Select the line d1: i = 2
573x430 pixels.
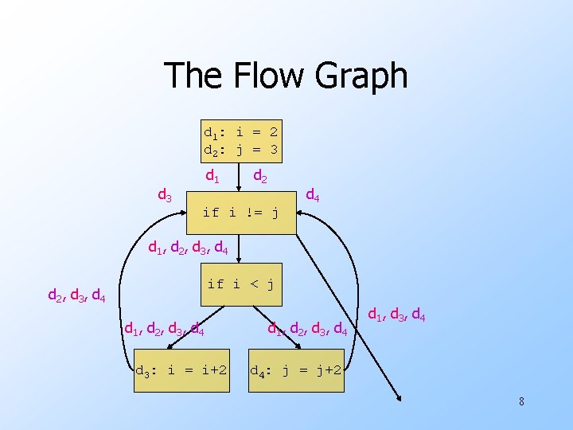tap(240, 131)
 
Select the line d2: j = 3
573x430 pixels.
tap(240, 149)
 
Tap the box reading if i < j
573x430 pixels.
tap(240, 283)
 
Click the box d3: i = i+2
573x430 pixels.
tap(181, 370)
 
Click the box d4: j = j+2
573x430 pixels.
tap(296, 370)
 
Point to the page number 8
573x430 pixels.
tap(521, 401)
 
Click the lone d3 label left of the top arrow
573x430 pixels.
tap(165, 193)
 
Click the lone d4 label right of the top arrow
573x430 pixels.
tap(314, 194)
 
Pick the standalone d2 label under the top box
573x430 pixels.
tap(260, 175)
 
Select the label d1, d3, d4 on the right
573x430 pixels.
tap(397, 317)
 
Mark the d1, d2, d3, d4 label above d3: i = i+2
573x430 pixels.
tap(164, 326)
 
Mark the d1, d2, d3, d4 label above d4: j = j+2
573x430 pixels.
tap(307, 326)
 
